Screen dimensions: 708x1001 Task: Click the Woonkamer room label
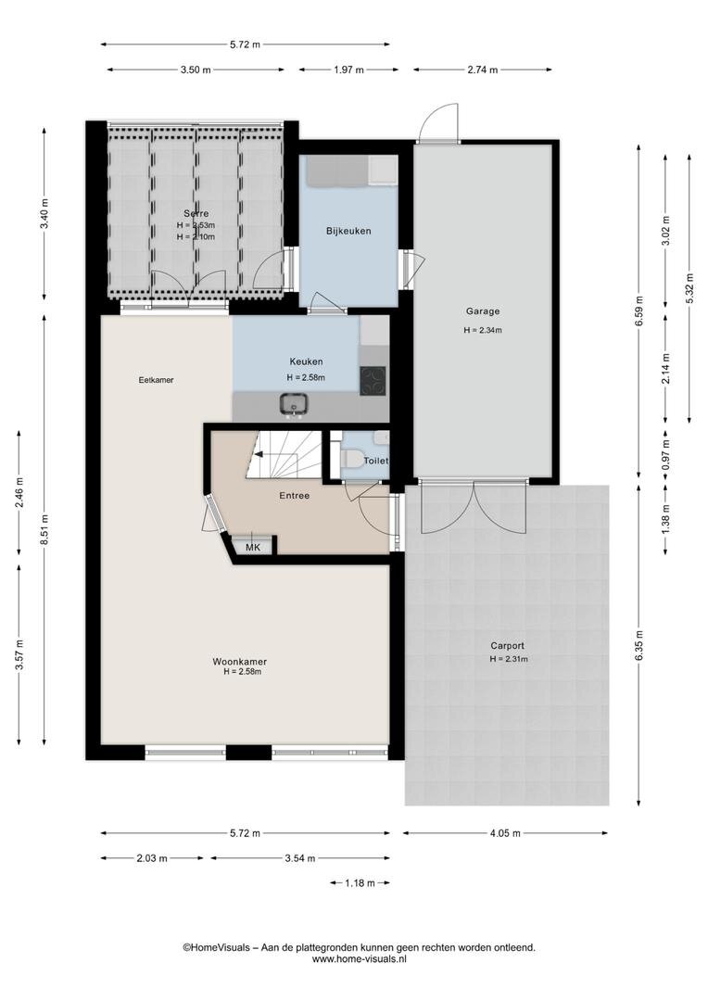(239, 662)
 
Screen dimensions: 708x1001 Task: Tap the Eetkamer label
(157, 380)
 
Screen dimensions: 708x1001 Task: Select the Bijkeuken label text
(348, 231)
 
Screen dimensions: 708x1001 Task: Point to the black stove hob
(373, 381)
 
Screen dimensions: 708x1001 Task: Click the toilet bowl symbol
(350, 459)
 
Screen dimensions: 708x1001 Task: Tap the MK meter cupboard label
(253, 547)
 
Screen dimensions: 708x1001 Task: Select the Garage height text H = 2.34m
(483, 331)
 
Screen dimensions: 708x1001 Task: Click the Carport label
(508, 645)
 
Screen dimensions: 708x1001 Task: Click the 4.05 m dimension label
(505, 833)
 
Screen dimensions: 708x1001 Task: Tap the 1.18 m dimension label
(360, 883)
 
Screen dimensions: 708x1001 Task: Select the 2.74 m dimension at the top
(483, 70)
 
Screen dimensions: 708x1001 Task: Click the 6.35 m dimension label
(639, 646)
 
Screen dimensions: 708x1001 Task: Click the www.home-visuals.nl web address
(359, 959)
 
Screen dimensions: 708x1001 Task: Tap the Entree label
(295, 495)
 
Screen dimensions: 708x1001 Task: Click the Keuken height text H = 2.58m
(306, 377)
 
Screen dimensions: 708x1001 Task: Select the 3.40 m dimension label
(44, 214)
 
